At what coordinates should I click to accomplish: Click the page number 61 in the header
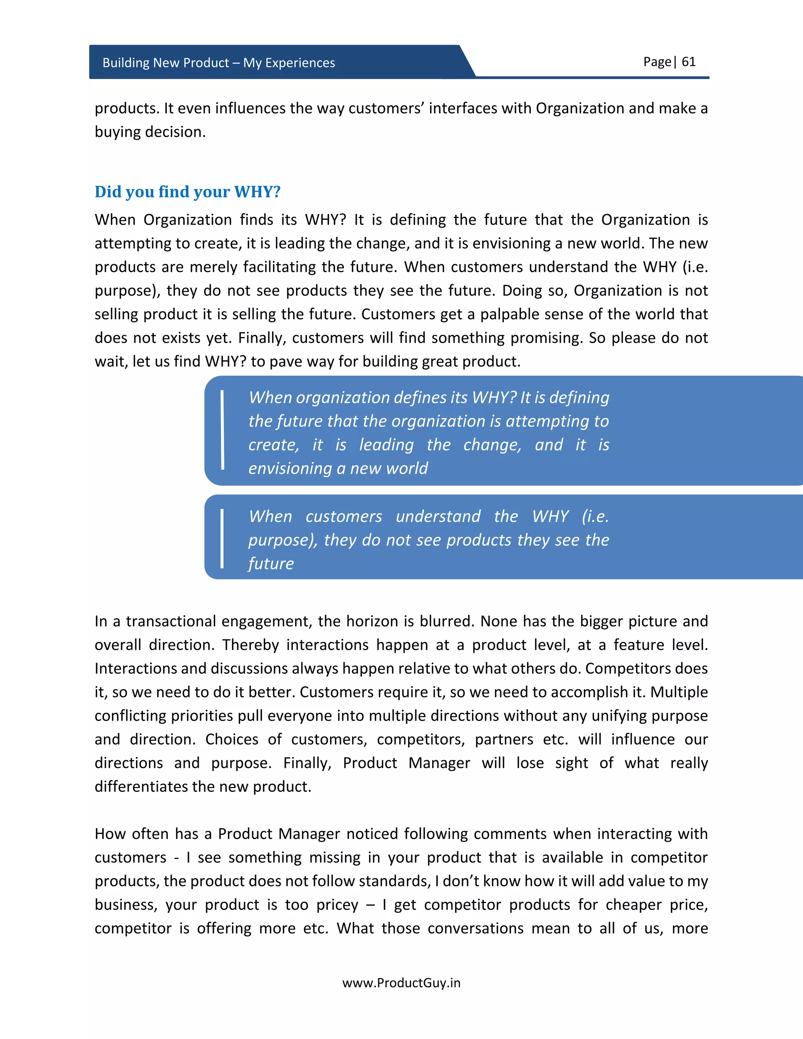pyautogui.click(x=689, y=62)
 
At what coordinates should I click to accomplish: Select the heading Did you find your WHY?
pyautogui.click(x=187, y=192)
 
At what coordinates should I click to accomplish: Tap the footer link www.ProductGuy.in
pyautogui.click(x=401, y=983)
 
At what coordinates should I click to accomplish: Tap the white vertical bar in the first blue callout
pyautogui.click(x=222, y=430)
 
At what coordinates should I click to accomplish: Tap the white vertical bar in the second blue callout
pyautogui.click(x=222, y=539)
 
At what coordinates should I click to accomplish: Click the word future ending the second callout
pyautogui.click(x=271, y=564)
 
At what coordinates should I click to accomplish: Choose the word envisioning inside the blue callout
pyautogui.click(x=290, y=469)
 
